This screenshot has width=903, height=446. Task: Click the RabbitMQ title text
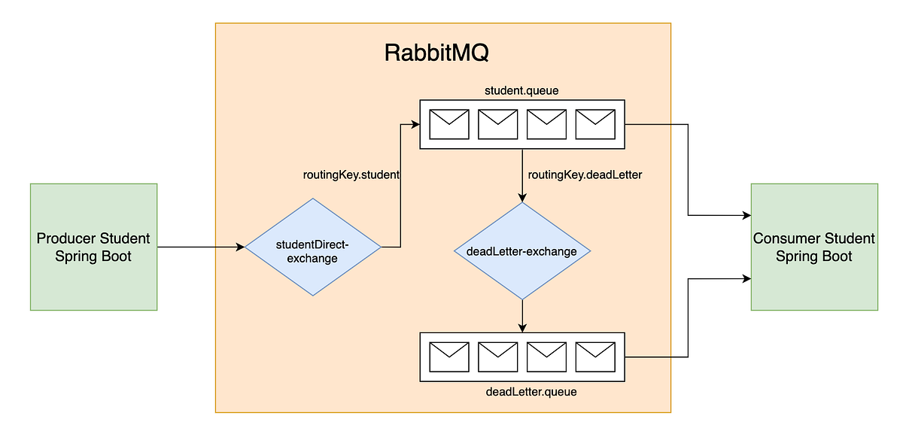pos(438,54)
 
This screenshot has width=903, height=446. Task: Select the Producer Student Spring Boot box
pos(93,247)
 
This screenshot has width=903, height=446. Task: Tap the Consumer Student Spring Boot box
pos(814,247)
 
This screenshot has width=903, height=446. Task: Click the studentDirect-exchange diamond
pos(314,247)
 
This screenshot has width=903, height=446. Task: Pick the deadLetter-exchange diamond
pos(521,251)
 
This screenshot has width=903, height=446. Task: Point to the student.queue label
pos(521,91)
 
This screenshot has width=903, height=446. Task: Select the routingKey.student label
pos(350,174)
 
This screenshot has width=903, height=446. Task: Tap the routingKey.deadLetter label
pos(585,174)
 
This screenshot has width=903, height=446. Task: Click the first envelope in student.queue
pos(449,124)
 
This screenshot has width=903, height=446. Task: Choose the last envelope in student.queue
pos(595,124)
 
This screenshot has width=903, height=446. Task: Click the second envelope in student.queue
pos(498,124)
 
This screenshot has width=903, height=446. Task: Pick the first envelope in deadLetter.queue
pos(449,356)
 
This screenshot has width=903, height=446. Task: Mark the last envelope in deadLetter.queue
pos(595,356)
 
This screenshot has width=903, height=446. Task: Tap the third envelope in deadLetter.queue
pos(547,356)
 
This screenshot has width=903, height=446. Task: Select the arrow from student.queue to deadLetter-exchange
pos(521,176)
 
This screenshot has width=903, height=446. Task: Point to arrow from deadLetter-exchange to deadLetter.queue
pos(521,315)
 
